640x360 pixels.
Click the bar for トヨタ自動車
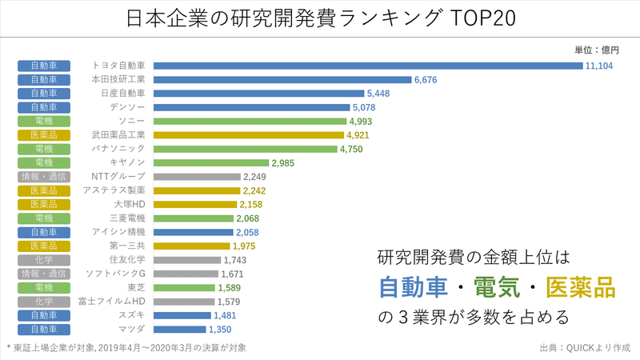tap(368, 66)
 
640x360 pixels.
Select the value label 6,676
tap(429, 80)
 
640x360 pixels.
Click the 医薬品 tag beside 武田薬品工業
tap(44, 135)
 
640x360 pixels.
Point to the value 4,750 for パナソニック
tap(353, 149)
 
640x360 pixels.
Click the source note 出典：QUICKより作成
tap(586, 349)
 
